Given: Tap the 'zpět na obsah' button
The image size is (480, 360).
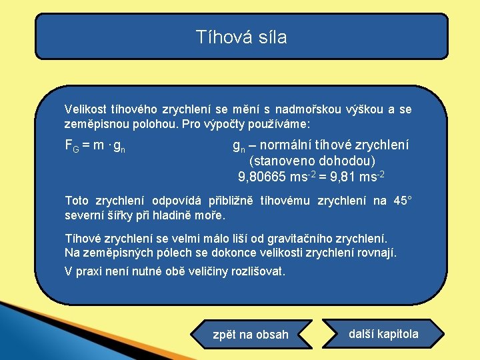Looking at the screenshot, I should point(251,335).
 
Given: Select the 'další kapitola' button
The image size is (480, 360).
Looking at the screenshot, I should point(383,334).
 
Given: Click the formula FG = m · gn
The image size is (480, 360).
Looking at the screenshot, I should point(95,145).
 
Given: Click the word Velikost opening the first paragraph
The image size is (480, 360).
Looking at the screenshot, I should point(84,108).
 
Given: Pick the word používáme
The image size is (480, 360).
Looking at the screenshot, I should point(280,124).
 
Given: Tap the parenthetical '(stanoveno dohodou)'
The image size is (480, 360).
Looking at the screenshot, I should point(312,161).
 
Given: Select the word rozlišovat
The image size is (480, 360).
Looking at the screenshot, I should point(256,271).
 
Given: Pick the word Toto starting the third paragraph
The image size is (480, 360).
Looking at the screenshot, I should point(77,201).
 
